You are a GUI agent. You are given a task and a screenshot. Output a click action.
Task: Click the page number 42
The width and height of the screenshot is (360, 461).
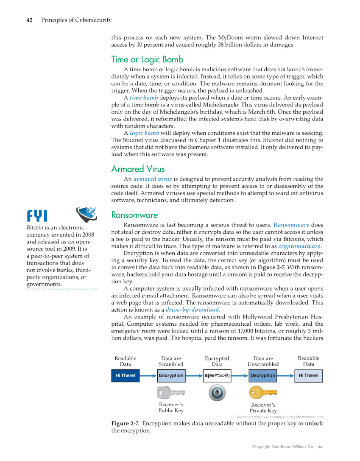coord(30,20)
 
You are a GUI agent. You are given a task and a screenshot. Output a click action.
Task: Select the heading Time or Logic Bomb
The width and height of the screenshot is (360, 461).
coord(147,59)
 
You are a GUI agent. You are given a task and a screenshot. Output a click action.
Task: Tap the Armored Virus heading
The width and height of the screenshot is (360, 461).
coord(138,169)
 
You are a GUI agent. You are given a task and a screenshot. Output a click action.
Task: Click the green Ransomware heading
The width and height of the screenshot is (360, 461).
coord(134,215)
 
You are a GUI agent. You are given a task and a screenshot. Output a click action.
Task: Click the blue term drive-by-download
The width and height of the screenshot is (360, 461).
coord(193,310)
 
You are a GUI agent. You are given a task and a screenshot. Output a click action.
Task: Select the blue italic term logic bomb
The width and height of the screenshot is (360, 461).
coord(144,133)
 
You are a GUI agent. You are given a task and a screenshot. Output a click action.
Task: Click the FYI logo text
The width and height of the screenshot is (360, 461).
coord(37,216)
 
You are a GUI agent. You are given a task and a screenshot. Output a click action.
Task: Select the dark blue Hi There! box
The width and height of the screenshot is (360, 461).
coord(126,375)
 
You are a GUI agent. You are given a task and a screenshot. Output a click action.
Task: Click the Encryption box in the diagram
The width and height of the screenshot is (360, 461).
coord(171,375)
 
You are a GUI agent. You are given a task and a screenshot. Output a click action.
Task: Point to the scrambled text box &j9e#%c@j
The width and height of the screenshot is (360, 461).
coord(217,375)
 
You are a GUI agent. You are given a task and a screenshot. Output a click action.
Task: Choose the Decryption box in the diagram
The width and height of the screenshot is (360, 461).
coord(263,375)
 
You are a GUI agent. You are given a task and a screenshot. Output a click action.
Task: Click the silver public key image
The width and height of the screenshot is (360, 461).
coord(170,392)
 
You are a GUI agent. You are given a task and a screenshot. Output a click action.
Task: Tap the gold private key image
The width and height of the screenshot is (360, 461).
coord(263,393)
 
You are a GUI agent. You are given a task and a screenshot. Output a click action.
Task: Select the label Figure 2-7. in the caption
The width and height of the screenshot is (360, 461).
coord(125,424)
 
